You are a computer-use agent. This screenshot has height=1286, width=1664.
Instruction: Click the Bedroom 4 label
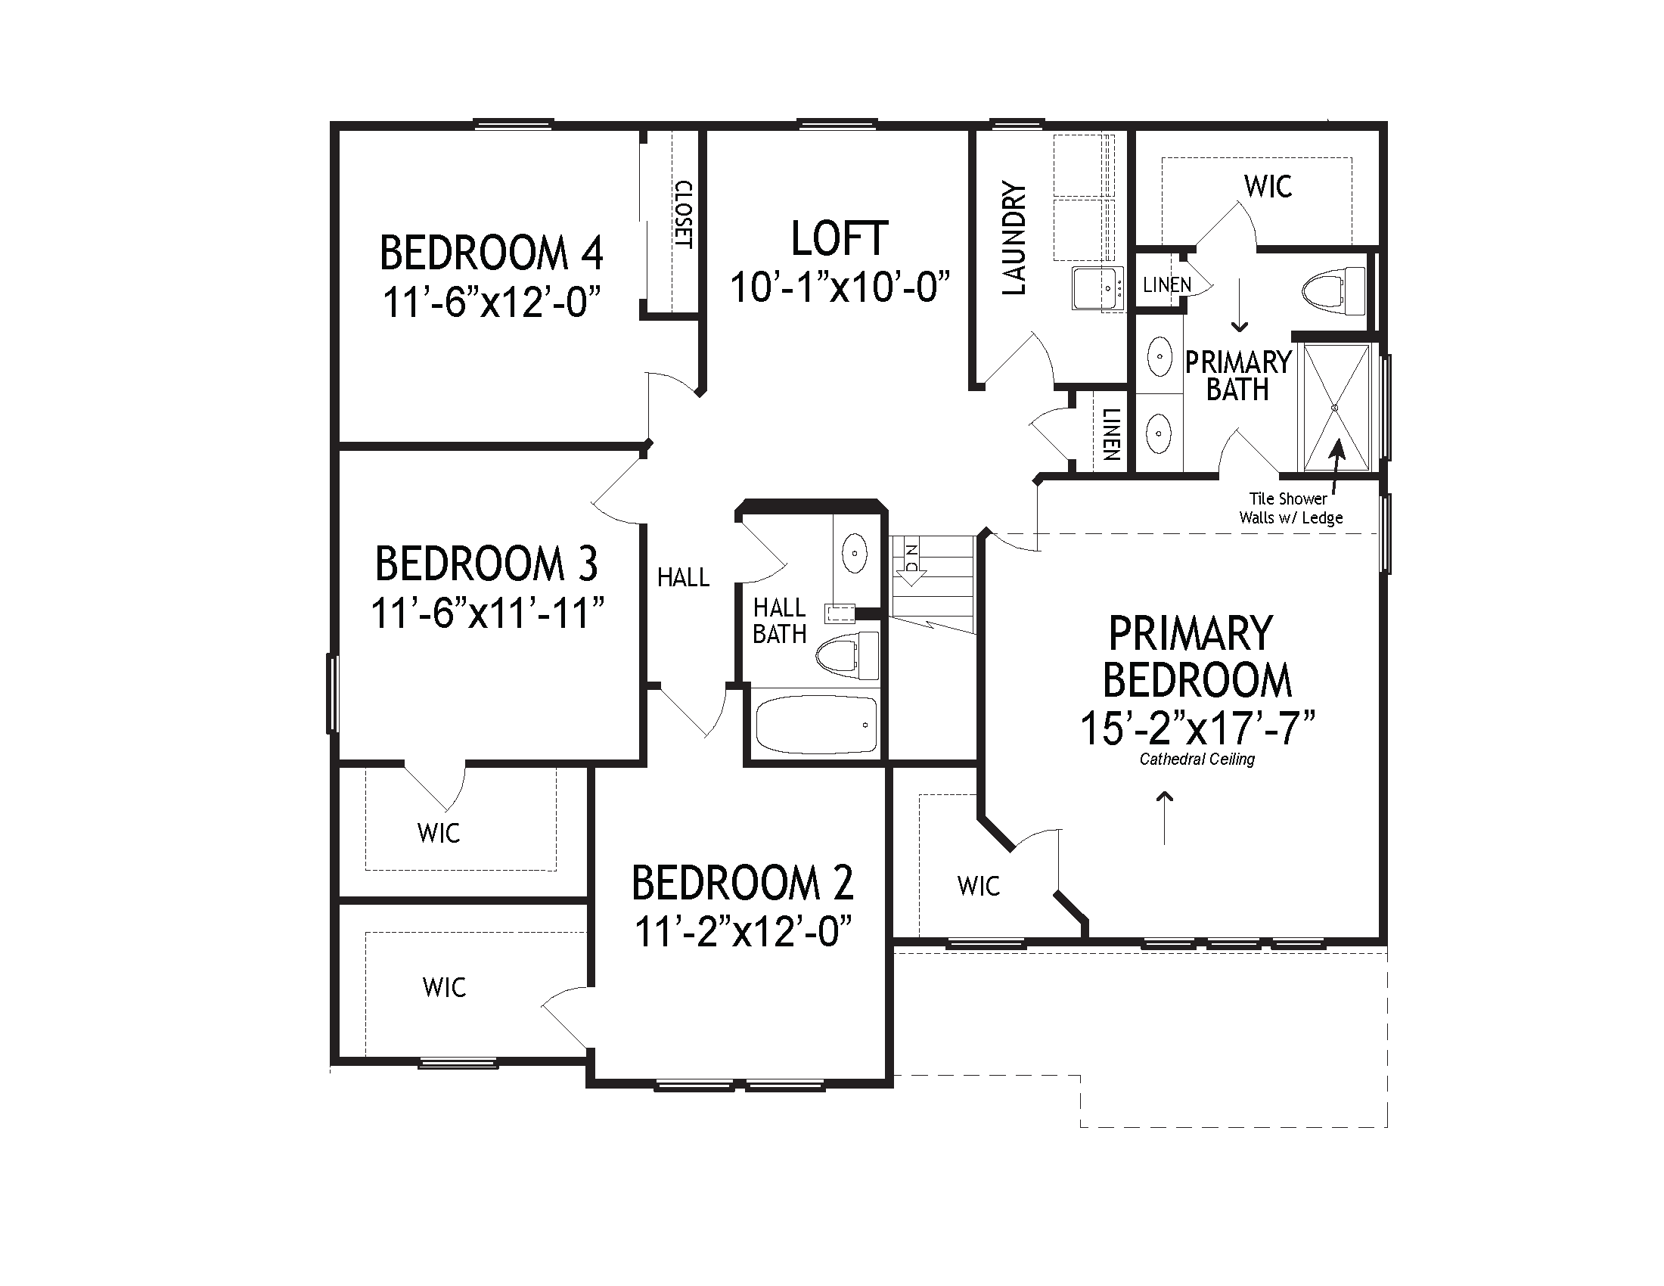click(492, 253)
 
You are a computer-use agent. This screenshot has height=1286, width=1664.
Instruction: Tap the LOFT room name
click(840, 238)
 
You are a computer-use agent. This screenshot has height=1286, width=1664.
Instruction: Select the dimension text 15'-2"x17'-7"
click(1199, 728)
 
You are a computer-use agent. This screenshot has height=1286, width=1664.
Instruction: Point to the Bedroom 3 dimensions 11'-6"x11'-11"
click(488, 613)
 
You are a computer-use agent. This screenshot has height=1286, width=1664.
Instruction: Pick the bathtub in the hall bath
click(816, 725)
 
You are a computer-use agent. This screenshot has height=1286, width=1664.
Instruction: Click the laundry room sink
click(1098, 288)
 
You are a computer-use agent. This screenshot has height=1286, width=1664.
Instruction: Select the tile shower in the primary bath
click(1335, 408)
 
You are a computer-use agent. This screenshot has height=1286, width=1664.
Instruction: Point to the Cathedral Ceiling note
click(1197, 759)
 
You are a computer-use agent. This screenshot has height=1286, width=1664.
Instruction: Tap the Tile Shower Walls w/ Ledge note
click(1290, 508)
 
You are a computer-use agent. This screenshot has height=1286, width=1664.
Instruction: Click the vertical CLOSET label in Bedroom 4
click(684, 215)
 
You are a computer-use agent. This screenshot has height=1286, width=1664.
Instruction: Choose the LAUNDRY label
click(1014, 238)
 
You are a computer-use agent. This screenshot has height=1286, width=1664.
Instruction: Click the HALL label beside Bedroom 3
click(684, 577)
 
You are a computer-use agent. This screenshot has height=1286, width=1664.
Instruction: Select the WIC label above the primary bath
click(1268, 186)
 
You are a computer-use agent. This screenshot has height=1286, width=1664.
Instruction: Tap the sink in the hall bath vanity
click(854, 553)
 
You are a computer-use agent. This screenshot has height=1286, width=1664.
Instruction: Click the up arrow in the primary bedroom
click(1165, 818)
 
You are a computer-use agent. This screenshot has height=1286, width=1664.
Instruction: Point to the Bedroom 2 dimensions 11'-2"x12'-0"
click(743, 931)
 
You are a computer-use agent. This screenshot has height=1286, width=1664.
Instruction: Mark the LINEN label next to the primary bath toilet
click(1167, 285)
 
